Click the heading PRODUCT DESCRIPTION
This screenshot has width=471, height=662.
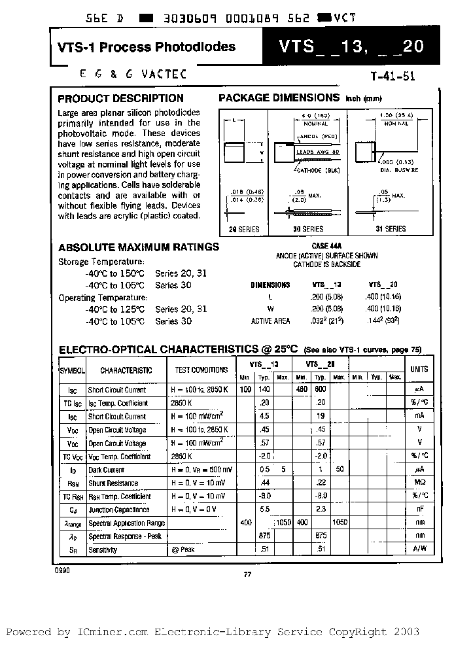(121, 99)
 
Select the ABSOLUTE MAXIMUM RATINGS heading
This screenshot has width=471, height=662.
(139, 247)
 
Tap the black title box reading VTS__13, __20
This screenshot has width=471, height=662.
(351, 47)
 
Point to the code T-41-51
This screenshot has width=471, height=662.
(392, 76)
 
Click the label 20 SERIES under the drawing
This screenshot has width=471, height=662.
(245, 229)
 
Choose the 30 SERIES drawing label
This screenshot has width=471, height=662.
(309, 229)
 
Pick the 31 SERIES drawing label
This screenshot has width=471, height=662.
(391, 229)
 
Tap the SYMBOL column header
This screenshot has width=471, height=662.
(72, 370)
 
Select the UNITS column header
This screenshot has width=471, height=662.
(419, 370)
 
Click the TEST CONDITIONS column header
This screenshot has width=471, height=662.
(201, 370)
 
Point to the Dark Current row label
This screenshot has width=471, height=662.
(106, 470)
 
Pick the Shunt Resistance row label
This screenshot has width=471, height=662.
(113, 483)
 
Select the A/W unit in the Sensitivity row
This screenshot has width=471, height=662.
(419, 549)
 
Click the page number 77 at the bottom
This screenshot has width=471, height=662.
(247, 575)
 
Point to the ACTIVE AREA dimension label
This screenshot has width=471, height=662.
(270, 321)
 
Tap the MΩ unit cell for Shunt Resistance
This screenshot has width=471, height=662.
(419, 483)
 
